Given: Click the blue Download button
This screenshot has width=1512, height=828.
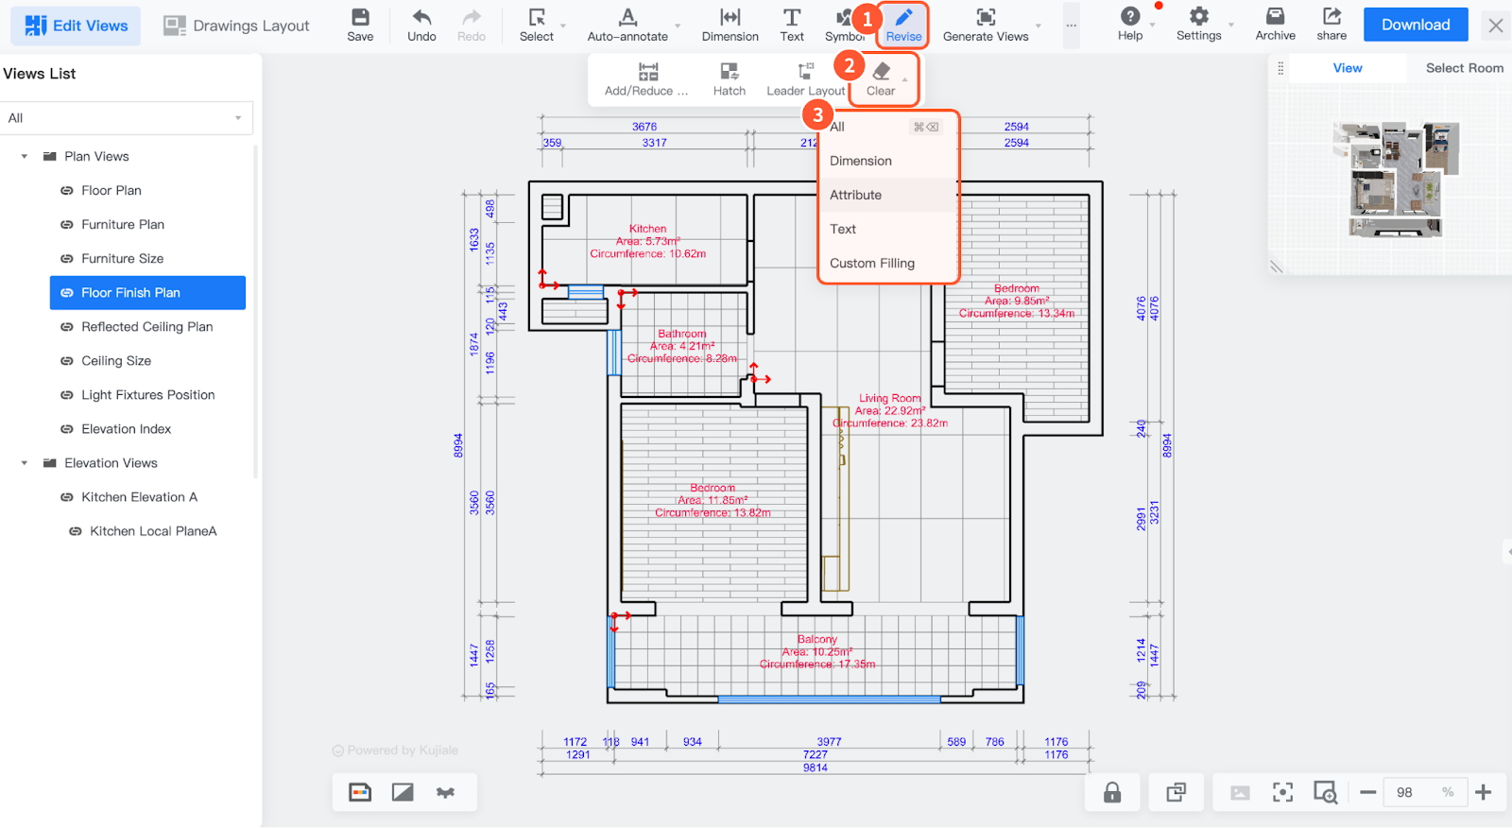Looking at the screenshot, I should pos(1415,26).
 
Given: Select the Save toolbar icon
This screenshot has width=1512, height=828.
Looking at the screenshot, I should pos(360,25).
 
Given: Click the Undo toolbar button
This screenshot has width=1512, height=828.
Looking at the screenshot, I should pos(421,25).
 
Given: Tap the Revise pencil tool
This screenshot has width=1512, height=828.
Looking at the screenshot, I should pos(903,25).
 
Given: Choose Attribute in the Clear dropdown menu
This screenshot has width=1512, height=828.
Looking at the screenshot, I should pos(855,195).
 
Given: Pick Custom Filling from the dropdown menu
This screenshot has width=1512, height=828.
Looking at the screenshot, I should pos(871,263).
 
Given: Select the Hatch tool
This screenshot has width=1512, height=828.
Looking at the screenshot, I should pos(729,79).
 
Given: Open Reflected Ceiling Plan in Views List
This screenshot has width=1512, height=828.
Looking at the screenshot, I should pos(146,327).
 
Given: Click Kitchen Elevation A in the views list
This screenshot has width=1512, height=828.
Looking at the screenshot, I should pos(139,497).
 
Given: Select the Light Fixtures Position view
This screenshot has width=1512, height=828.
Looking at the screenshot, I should pos(147,395).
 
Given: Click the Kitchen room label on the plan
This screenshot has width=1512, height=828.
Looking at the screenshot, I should pos(648,229).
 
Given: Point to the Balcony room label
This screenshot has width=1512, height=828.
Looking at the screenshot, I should pos(817,640).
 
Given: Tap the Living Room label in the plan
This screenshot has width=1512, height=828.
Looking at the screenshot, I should pos(889,399).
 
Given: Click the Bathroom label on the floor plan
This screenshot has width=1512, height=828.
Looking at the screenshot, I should pos(682,334).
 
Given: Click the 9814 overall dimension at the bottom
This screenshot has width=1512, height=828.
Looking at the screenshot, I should pos(816,768).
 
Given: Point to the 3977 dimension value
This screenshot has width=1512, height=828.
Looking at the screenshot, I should pos(829,742).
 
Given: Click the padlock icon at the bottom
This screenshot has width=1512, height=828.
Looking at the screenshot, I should pos(1112,792).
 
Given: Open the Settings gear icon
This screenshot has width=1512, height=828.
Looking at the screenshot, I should pos(1198,25).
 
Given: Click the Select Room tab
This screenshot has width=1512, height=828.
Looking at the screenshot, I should pos(1464,68).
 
